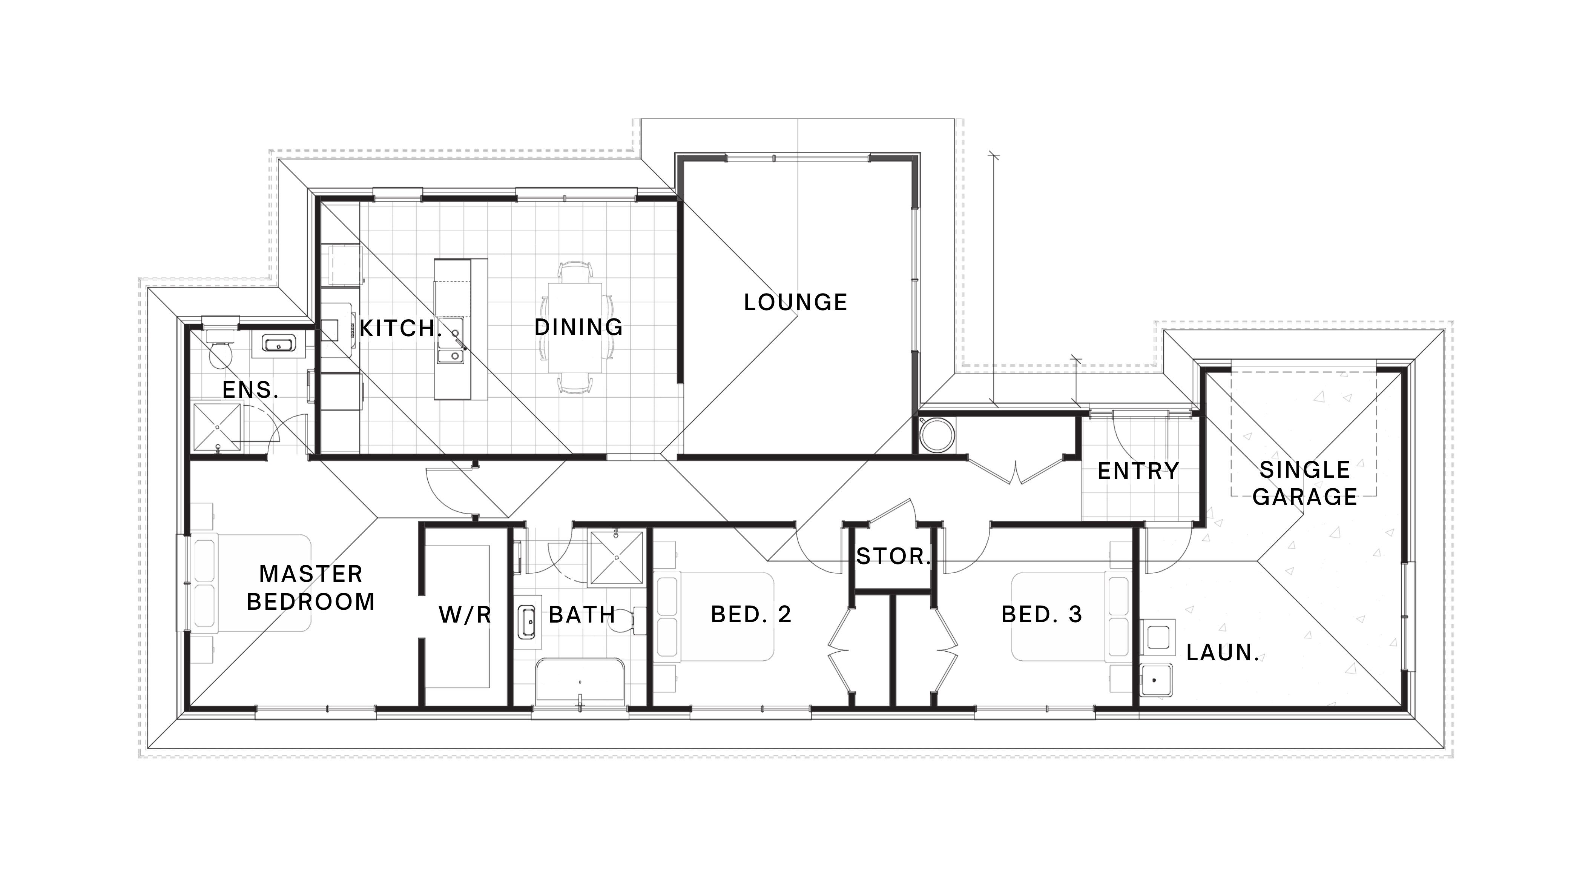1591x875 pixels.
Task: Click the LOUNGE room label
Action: click(796, 302)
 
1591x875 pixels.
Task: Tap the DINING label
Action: click(579, 327)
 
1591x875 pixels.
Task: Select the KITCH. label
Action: click(400, 328)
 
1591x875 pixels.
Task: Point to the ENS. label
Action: click(250, 389)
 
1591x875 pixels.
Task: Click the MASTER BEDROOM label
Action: click(311, 587)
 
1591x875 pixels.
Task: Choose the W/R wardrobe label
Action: click(465, 614)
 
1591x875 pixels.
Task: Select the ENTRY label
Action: click(1138, 471)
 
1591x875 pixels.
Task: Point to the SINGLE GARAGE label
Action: click(1305, 483)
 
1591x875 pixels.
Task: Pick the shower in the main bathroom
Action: click(617, 557)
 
